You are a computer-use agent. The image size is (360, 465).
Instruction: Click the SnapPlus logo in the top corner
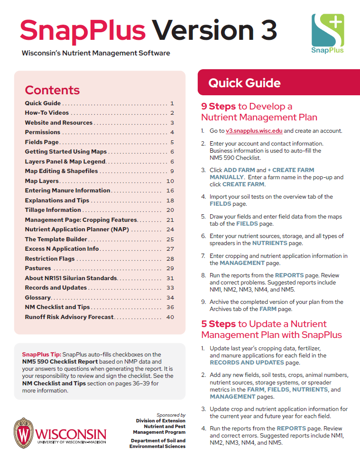click(327, 33)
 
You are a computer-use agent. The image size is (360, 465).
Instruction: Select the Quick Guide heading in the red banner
click(244, 83)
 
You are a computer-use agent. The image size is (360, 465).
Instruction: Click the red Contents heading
click(52, 90)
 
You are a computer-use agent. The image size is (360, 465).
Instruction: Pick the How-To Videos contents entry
click(47, 113)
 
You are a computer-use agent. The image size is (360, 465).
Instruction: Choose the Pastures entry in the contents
click(38, 268)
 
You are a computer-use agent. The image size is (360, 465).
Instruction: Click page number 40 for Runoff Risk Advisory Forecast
click(171, 317)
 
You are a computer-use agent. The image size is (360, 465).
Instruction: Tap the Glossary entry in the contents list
click(37, 297)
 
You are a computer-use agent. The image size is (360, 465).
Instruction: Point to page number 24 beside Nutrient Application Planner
click(171, 229)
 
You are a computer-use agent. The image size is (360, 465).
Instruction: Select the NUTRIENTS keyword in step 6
click(269, 243)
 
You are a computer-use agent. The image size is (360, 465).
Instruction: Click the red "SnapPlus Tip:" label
click(41, 354)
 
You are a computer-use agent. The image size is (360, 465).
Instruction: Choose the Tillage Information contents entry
click(53, 210)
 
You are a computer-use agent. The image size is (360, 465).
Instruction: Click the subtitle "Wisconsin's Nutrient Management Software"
click(96, 53)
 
